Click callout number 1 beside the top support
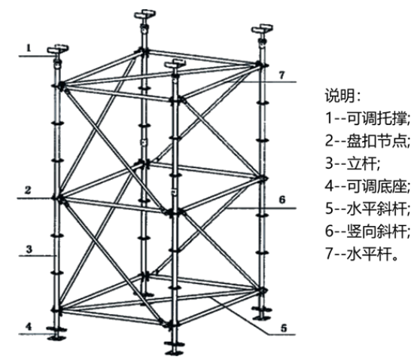(29, 48)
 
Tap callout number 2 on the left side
(28, 190)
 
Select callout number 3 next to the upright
(29, 249)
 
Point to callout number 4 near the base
(29, 327)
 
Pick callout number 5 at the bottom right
(284, 328)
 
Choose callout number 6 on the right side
(282, 200)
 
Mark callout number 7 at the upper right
(282, 75)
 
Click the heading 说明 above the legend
(342, 96)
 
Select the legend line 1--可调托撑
(367, 118)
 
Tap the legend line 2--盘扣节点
(367, 141)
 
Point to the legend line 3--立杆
(352, 163)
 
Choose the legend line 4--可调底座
(367, 186)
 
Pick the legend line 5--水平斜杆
(367, 209)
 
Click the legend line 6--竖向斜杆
(367, 230)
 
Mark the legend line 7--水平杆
(361, 253)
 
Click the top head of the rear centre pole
(145, 18)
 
